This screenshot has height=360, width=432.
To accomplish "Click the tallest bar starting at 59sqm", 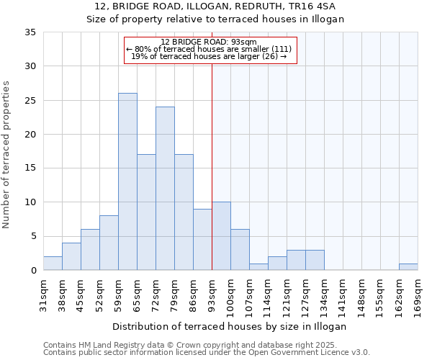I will (x=127, y=181).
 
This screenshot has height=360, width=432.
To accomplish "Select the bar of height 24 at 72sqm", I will (x=165, y=189).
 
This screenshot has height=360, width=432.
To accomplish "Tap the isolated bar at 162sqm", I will (x=408, y=266).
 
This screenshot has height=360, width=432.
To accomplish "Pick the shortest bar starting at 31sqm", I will (x=53, y=264).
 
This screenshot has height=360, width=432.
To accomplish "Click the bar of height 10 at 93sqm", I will (x=221, y=236).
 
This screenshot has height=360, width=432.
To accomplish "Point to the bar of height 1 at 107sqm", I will (x=258, y=266).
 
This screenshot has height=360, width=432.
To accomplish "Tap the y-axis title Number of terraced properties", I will (x=7, y=154).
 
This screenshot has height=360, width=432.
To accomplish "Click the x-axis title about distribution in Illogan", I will (x=230, y=326).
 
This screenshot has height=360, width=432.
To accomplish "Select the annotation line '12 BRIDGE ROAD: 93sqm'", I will (x=210, y=42).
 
